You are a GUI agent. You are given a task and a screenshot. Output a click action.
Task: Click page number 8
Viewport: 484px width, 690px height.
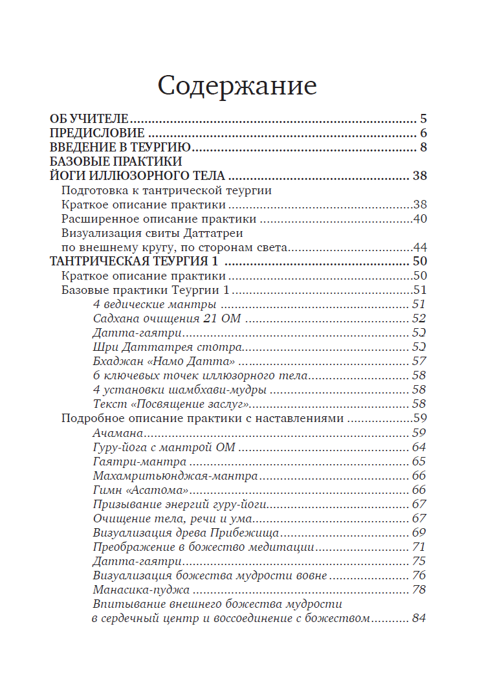(423, 148)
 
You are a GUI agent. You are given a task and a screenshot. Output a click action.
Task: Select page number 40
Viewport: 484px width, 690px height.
(419, 219)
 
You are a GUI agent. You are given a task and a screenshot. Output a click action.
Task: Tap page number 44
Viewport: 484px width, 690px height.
(419, 247)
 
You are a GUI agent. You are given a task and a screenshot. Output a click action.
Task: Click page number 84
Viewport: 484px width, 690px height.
(418, 618)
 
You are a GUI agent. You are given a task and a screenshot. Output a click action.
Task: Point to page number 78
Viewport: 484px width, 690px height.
(418, 589)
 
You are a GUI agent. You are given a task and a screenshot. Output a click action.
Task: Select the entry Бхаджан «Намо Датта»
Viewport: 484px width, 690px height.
(163, 361)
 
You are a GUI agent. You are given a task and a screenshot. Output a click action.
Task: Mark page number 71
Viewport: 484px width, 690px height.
(418, 546)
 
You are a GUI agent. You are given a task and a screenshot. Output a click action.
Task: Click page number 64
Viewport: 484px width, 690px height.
(418, 447)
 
